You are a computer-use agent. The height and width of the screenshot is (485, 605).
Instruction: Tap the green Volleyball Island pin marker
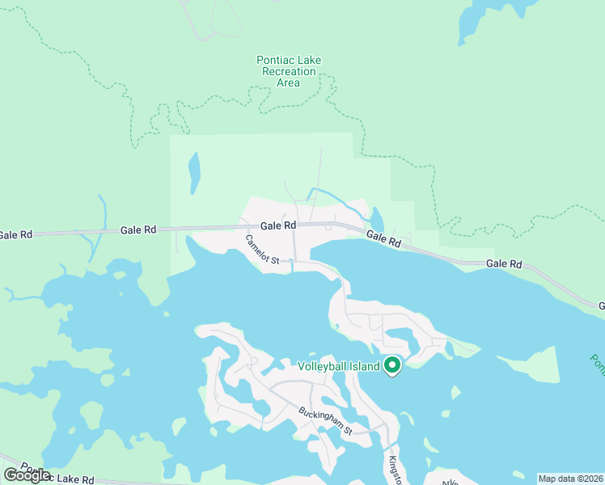tap(392, 366)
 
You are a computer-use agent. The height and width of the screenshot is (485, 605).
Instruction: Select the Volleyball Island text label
tap(338, 366)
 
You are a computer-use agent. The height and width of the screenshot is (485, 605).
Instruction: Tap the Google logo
tap(27, 475)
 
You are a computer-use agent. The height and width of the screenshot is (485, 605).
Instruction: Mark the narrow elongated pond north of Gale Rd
tap(194, 173)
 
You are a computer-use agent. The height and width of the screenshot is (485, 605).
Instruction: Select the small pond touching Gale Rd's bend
tap(377, 220)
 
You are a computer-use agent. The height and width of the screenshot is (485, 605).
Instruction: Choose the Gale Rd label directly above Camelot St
tap(277, 226)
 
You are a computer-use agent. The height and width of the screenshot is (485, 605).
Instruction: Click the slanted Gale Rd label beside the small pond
tap(383, 238)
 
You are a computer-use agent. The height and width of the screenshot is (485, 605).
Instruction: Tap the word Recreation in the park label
tap(289, 71)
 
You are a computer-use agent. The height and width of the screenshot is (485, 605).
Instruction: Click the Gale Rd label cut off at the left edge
tap(15, 235)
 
